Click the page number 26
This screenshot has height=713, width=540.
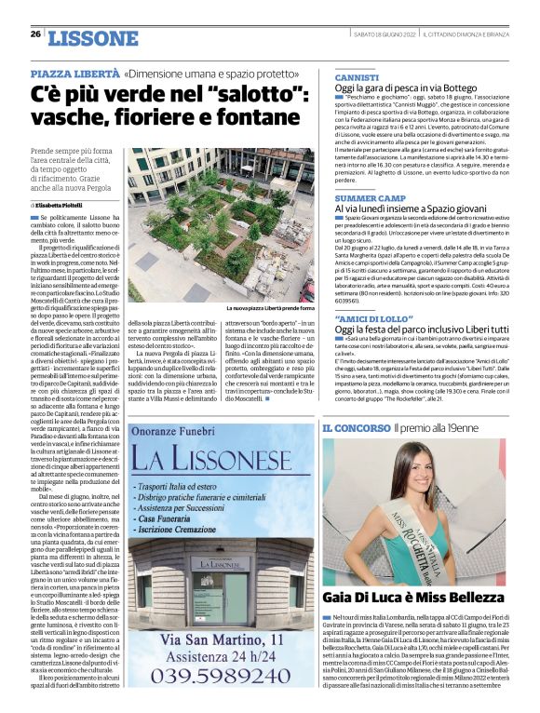[35, 34]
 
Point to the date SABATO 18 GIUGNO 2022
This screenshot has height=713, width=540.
[384, 34]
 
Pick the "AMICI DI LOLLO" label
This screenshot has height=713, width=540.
[361, 319]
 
